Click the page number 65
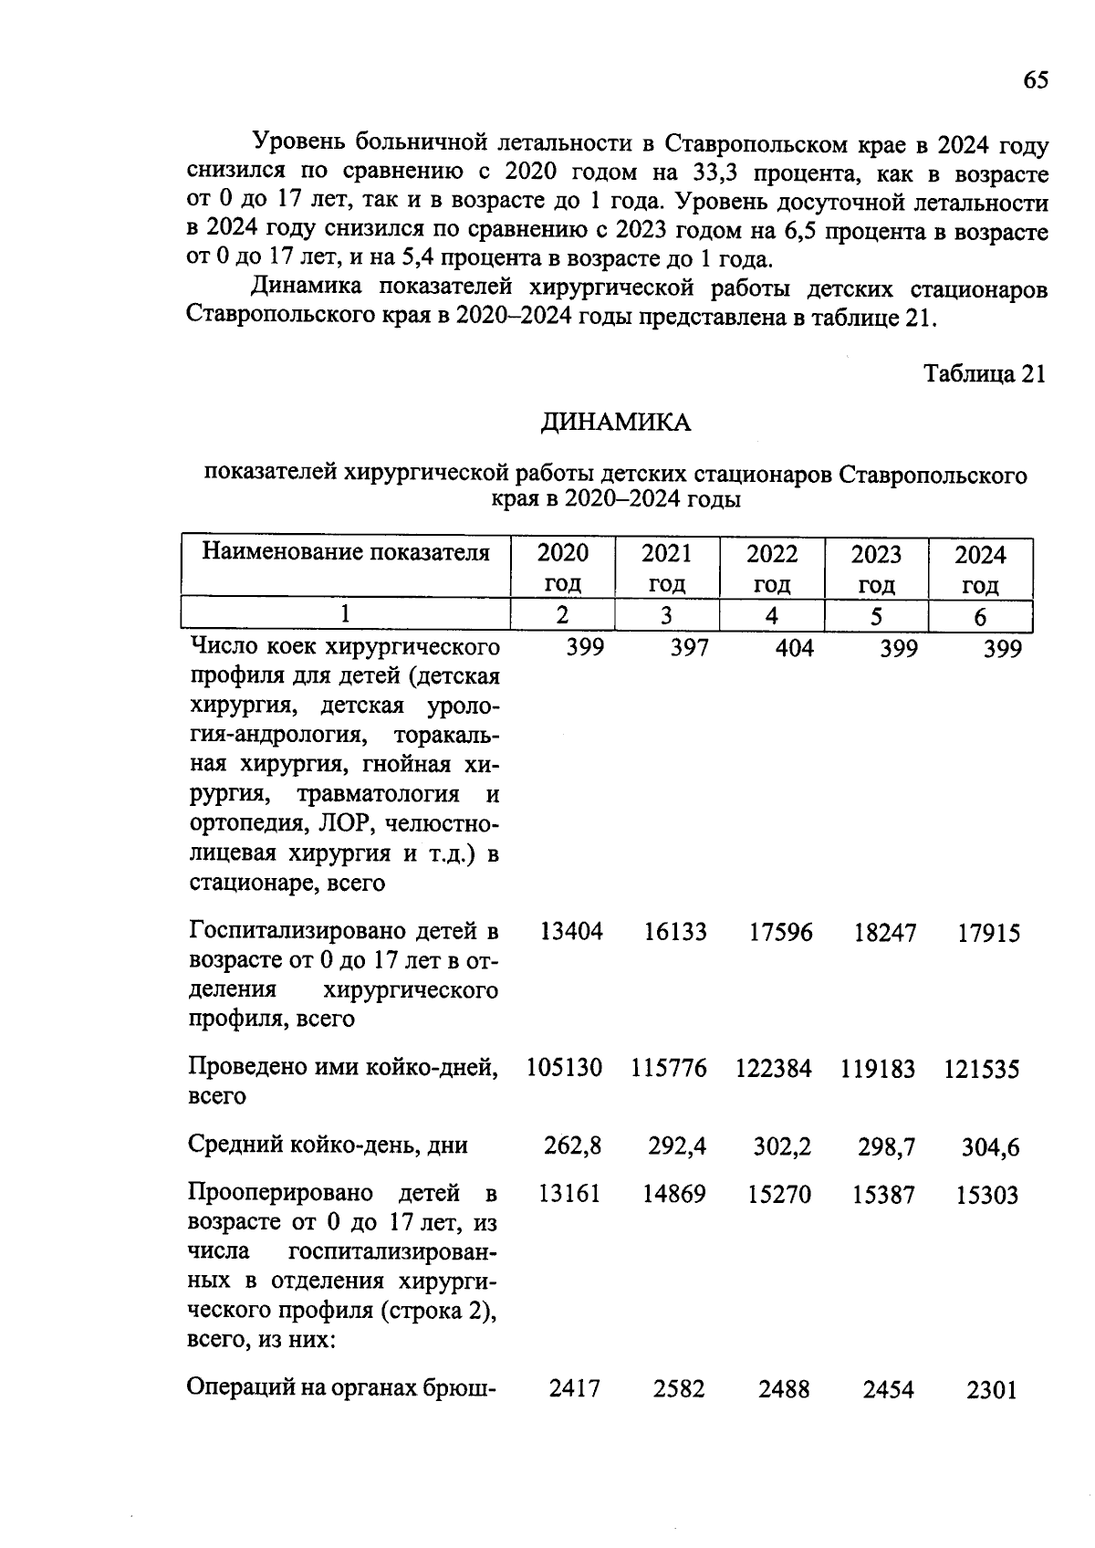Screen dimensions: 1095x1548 coord(1035,80)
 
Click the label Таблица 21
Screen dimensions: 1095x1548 coord(984,374)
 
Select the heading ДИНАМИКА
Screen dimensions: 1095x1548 coord(616,423)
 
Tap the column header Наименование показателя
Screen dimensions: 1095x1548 coord(346,552)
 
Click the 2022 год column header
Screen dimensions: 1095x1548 coord(772,568)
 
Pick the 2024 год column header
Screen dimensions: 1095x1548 coord(980,568)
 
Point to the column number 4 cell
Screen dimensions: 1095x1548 coord(772,616)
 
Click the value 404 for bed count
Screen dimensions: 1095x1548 coord(792,648)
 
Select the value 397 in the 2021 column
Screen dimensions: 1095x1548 coord(688,648)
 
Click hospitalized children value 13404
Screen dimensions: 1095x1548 coord(571,933)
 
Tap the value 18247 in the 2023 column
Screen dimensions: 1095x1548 coord(884,933)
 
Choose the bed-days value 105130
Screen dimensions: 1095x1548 coord(564,1069)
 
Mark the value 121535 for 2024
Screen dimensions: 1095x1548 coord(982,1069)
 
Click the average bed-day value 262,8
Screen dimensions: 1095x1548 coord(573,1145)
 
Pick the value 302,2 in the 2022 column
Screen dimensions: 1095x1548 coord(782,1146)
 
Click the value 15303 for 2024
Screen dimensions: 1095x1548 coord(986,1195)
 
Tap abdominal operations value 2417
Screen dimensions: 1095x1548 coord(575,1389)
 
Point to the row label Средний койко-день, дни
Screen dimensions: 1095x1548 coord(328,1145)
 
